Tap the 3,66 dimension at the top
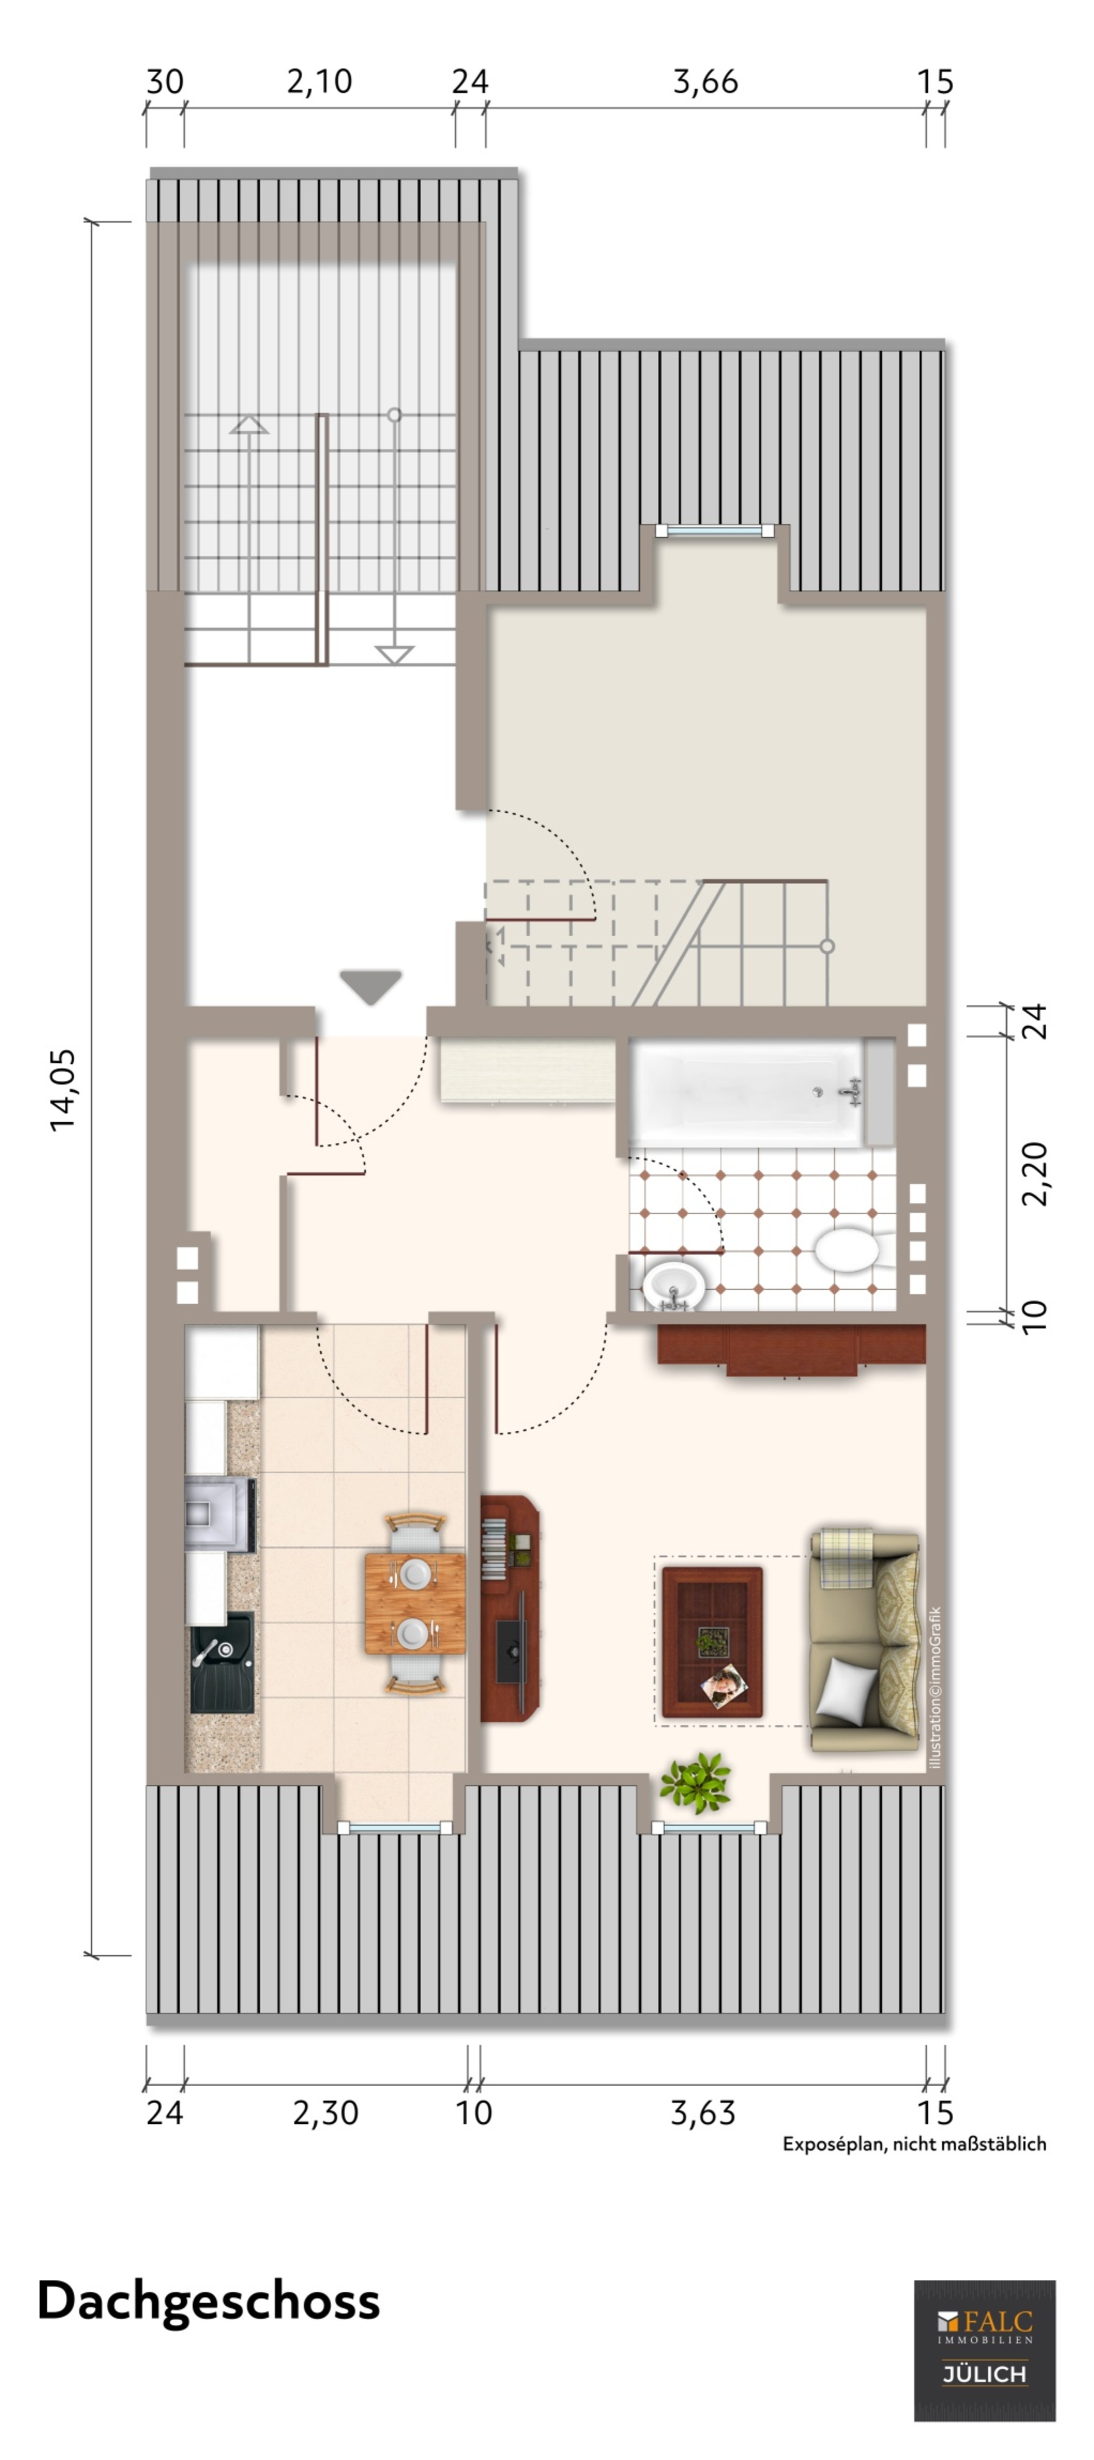pos(705,82)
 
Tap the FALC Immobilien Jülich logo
pos(984,2350)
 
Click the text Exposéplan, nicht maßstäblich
pos(914,2144)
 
